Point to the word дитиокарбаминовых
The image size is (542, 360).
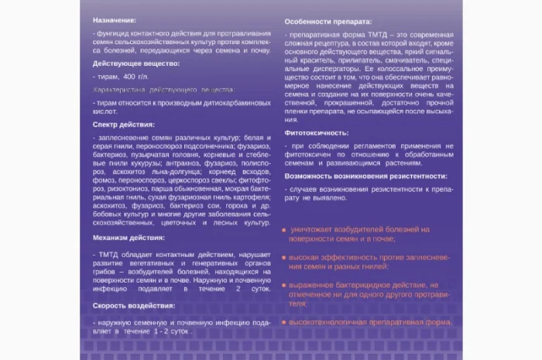tap(235, 103)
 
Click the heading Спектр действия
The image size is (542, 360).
tap(124, 124)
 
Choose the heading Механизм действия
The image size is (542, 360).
tap(129, 238)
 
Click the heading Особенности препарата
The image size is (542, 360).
tap(328, 21)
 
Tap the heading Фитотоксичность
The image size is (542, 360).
tap(317, 132)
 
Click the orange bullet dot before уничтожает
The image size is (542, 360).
tap(285, 230)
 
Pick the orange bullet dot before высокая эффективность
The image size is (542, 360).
tap(285, 258)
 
